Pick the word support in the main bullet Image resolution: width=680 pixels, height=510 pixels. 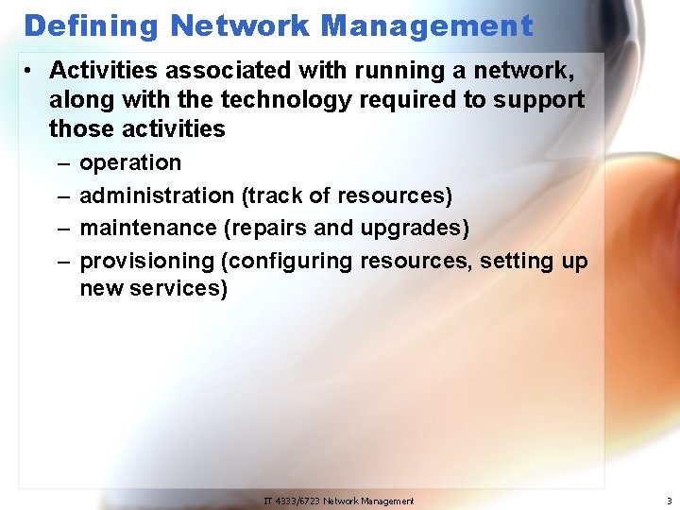point(543,99)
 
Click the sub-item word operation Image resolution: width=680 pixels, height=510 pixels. point(130,163)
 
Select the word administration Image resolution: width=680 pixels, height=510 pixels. point(157,195)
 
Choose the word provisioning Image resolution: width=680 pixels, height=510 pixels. point(147,261)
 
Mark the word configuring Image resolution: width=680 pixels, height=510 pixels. point(286,261)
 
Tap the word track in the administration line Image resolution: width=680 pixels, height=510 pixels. point(274,195)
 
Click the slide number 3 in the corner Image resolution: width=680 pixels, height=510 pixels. point(669,501)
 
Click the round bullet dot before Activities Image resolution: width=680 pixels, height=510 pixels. point(31,72)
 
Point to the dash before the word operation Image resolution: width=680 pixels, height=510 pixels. point(61,163)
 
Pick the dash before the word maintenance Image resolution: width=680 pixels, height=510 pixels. point(61,228)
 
